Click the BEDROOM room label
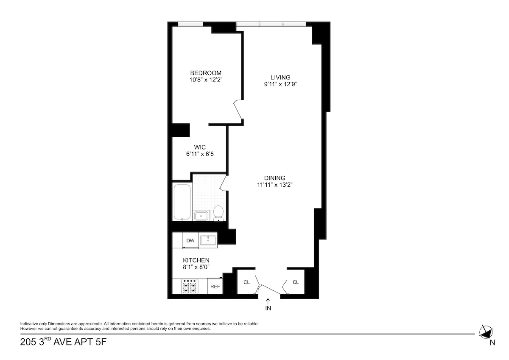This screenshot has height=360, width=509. pos(205,73)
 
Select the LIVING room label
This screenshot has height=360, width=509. pos(280,77)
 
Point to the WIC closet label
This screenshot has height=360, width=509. pos(200,147)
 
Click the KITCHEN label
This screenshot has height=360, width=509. pos(196,260)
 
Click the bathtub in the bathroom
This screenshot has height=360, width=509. pos(182,202)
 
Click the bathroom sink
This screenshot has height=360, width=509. pos(201,216)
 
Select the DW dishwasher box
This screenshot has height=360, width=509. pos(190,241)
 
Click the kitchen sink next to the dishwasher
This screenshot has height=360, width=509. pos(208,241)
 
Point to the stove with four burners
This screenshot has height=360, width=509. pos(190,287)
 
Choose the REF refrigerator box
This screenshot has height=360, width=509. pos(215,287)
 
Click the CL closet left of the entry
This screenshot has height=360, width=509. pos(246,282)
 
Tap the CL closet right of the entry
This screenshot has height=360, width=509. pos(296,282)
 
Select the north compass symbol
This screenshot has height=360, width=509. pos(486,332)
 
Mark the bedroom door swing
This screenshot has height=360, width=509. pos(238,110)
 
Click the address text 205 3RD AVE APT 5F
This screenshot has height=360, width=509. pos(63,342)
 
